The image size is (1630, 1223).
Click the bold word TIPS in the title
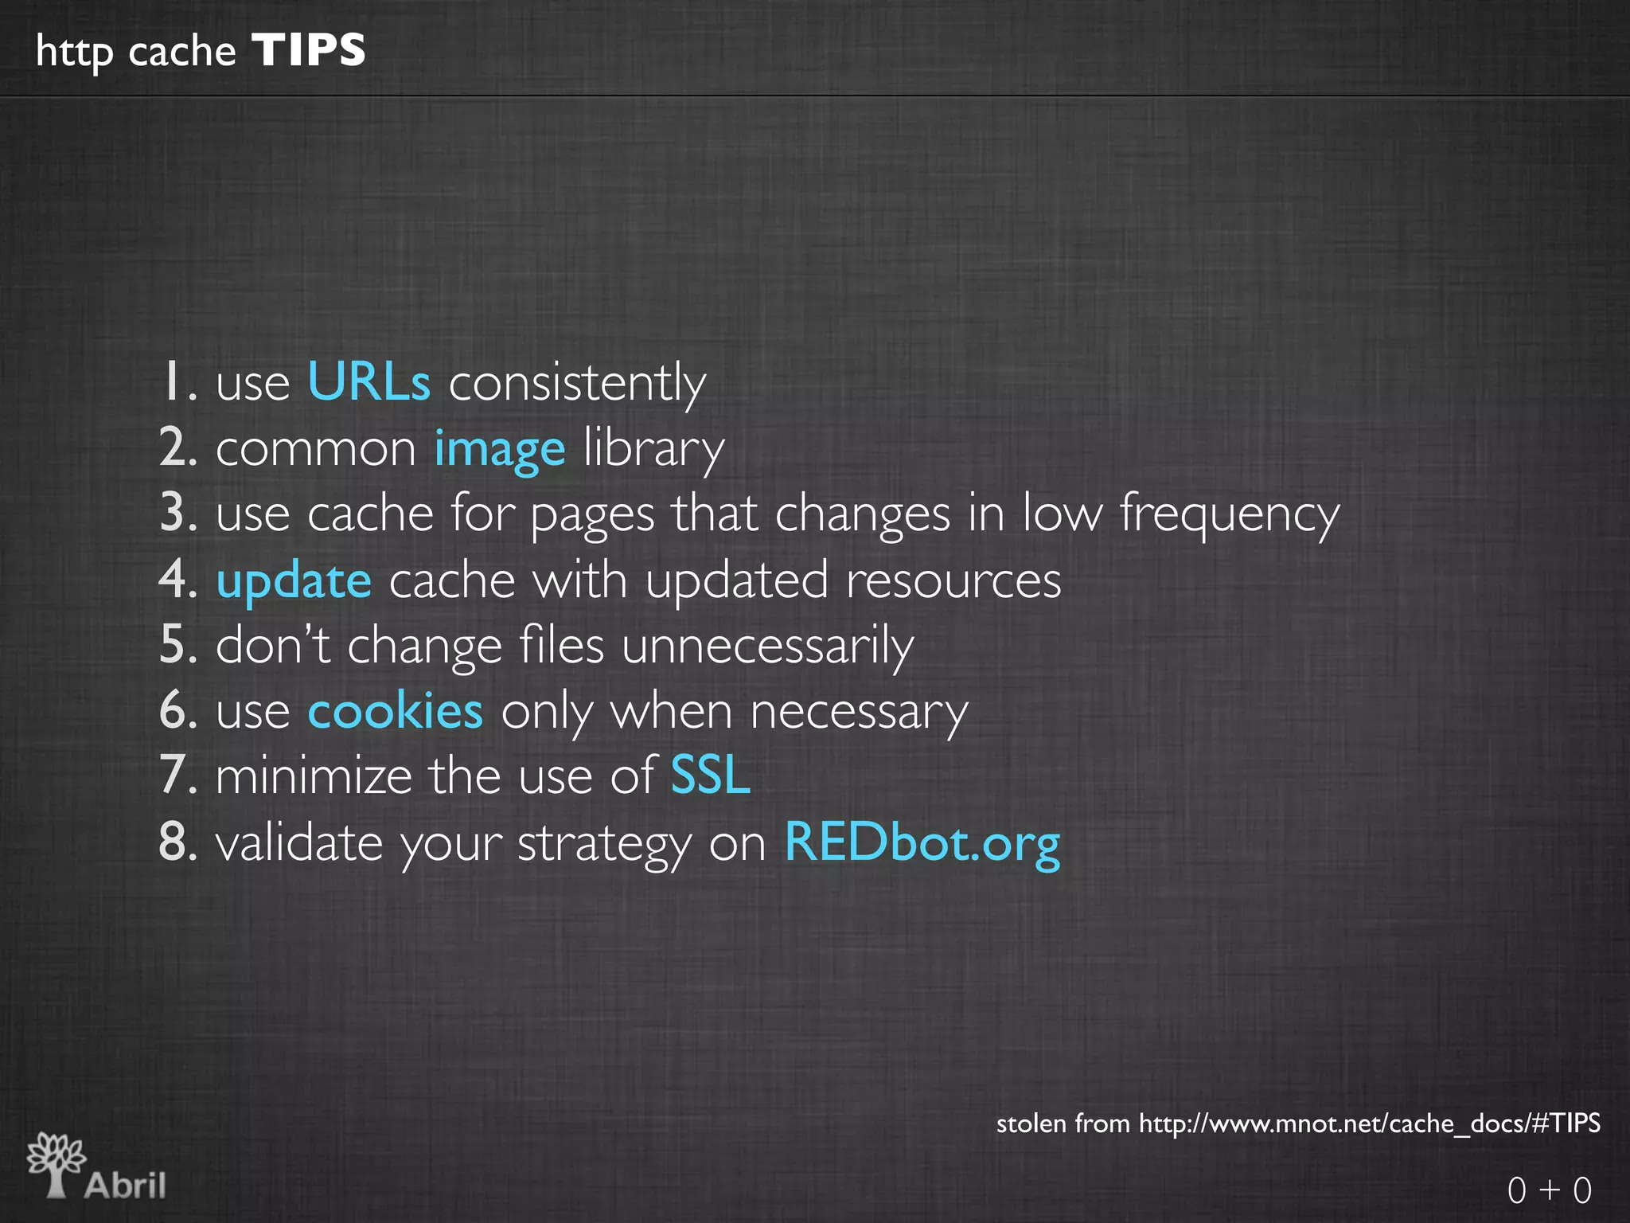(x=309, y=50)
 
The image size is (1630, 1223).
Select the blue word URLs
(x=369, y=382)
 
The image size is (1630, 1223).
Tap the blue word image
(x=500, y=449)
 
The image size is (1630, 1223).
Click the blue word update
(x=294, y=581)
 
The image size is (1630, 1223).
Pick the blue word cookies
(x=395, y=711)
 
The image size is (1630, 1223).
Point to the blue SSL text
(x=710, y=776)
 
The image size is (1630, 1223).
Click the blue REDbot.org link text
(x=922, y=842)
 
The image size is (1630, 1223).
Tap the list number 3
(x=177, y=514)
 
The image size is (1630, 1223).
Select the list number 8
(x=177, y=842)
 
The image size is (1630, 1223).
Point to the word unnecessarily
(x=767, y=646)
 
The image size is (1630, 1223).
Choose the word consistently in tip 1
(x=577, y=383)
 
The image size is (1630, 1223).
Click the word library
(x=653, y=449)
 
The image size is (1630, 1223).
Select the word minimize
(x=313, y=776)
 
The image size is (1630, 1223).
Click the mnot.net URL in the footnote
(x=1369, y=1123)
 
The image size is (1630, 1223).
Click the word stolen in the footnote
(x=1031, y=1123)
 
